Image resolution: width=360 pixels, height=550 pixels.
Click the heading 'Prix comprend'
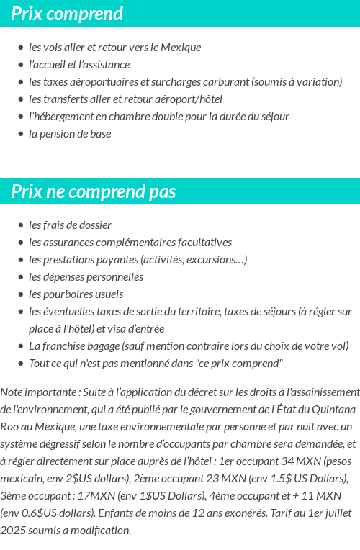coord(67,14)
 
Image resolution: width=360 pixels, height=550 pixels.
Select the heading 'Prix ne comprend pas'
coord(94,191)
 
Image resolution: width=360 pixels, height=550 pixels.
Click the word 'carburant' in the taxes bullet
coord(226,81)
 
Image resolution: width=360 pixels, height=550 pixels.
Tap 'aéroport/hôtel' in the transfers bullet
coord(187,99)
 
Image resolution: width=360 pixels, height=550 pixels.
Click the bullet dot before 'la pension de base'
coord(21,134)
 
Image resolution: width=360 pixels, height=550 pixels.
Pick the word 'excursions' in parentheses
coord(215,259)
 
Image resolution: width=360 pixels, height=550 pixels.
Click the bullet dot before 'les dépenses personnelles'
coord(21,277)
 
